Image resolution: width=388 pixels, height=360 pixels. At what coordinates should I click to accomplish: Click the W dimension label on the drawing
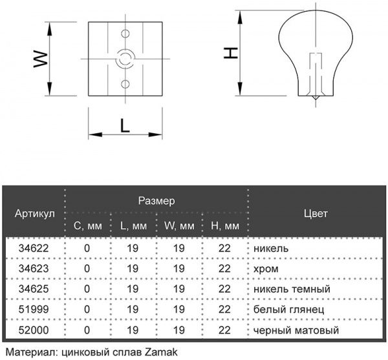point(41,59)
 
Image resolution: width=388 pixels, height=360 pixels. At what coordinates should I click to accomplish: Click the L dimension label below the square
point(125,125)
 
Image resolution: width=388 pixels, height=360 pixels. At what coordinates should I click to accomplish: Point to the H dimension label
point(231,53)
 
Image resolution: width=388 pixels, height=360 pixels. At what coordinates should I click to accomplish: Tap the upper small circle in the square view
point(125,34)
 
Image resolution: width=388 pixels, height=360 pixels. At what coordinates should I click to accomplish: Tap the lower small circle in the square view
point(125,84)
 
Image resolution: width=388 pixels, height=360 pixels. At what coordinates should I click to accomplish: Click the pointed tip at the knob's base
point(316,99)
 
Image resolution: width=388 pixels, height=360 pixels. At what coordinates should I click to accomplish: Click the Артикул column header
point(35,213)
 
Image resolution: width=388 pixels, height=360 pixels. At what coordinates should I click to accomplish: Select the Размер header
point(156,201)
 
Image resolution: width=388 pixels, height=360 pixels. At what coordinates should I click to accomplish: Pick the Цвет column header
point(316,213)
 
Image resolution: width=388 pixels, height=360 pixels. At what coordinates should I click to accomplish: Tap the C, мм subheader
point(87,226)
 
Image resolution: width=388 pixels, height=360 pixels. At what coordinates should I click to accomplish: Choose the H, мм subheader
point(225,226)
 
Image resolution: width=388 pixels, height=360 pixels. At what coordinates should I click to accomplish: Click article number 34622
point(34,248)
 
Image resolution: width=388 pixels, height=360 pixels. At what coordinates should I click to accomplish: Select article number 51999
point(34,310)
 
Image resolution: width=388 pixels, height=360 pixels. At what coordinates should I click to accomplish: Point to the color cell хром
point(266,269)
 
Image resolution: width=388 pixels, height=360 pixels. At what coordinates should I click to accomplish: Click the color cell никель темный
point(292,289)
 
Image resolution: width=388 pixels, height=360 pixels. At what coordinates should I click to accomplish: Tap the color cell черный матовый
point(296,330)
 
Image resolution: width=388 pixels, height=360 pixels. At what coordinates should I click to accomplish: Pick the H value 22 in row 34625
point(224,289)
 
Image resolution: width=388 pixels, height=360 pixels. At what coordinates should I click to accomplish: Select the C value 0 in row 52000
point(87,330)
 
